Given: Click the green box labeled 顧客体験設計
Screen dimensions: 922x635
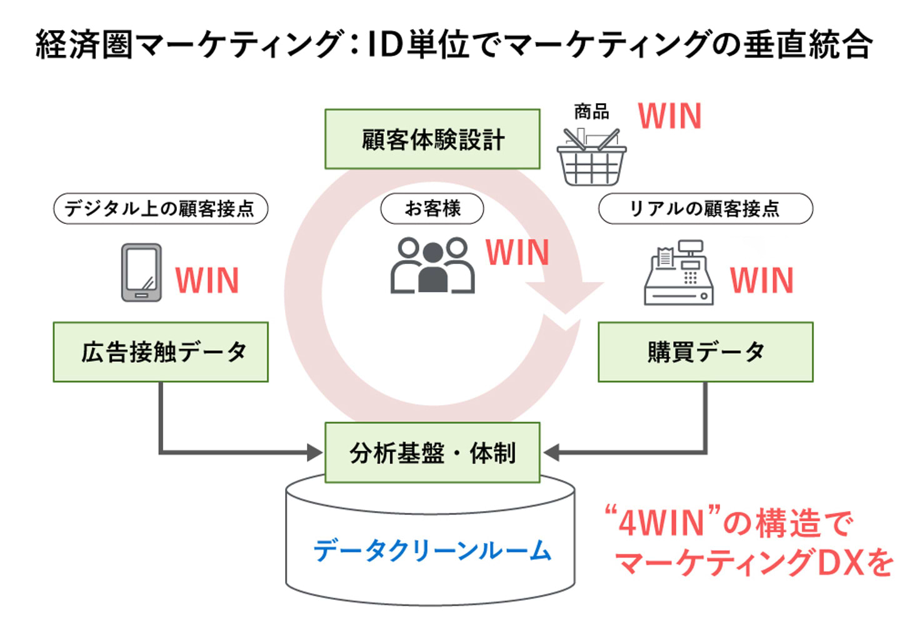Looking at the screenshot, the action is pyautogui.click(x=432, y=139).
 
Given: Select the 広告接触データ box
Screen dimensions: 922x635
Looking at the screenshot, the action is pyautogui.click(x=161, y=352).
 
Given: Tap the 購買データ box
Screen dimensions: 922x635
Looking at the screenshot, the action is pyautogui.click(x=706, y=352).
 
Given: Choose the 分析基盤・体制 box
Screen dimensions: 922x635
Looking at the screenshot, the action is pyautogui.click(x=432, y=452).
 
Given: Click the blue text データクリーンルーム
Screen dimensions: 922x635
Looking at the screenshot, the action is pyautogui.click(x=432, y=551).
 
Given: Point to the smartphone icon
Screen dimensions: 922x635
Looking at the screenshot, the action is pyautogui.click(x=141, y=272).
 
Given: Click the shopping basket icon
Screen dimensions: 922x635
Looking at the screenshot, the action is pyautogui.click(x=591, y=157).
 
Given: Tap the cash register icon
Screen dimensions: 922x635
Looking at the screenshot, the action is pyautogui.click(x=679, y=272).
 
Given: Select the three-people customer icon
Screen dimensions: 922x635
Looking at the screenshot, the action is pyautogui.click(x=432, y=265).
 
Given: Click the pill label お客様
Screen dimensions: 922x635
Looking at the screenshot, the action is pyautogui.click(x=432, y=208).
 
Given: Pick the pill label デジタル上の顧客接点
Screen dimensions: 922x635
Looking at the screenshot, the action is pyautogui.click(x=161, y=208).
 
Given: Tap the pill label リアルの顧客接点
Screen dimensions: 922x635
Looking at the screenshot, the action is pyautogui.click(x=706, y=208).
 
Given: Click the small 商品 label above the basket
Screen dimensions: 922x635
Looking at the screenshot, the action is pyautogui.click(x=591, y=112).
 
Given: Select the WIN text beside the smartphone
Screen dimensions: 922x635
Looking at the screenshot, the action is pyautogui.click(x=207, y=280).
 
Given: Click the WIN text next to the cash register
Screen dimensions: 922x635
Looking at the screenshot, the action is pyautogui.click(x=762, y=280).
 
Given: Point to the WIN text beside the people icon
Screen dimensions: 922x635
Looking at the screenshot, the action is pyautogui.click(x=518, y=251).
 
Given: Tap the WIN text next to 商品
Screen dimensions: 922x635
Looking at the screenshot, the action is pyautogui.click(x=669, y=116).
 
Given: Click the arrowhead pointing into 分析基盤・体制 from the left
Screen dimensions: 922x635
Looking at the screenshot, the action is pyautogui.click(x=315, y=452).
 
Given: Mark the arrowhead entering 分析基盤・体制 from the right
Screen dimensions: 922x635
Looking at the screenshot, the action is pyautogui.click(x=551, y=452).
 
